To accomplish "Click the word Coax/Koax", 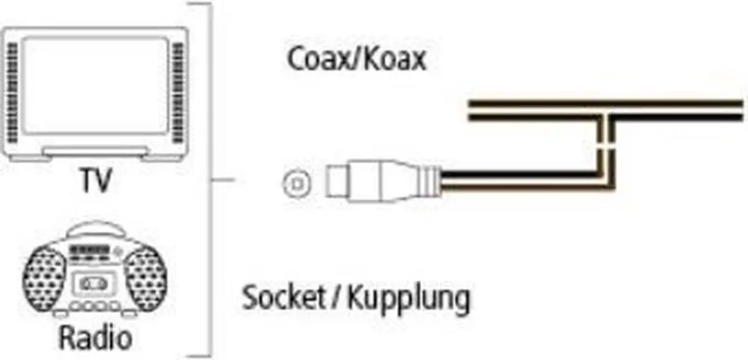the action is click(x=357, y=60).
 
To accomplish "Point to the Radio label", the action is click(x=95, y=337).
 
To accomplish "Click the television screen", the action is click(x=95, y=86).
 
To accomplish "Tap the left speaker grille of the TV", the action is click(x=12, y=93).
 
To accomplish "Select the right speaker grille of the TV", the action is click(x=177, y=93).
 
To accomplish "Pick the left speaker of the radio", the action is click(x=44, y=278).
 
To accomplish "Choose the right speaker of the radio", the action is click(x=145, y=278).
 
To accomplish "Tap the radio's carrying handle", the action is click(x=96, y=230).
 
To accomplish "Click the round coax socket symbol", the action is click(x=296, y=183).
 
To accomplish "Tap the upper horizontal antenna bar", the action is click(x=607, y=103).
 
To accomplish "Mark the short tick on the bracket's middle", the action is click(x=223, y=180).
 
